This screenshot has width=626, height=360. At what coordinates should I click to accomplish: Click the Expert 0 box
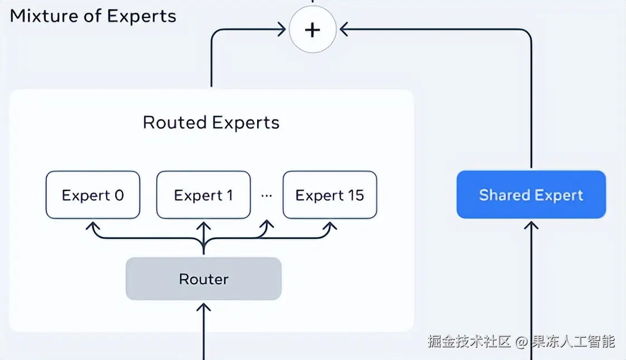click(x=93, y=195)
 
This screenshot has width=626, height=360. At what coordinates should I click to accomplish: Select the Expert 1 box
click(x=203, y=195)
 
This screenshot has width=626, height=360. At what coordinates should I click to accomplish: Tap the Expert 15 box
click(x=330, y=195)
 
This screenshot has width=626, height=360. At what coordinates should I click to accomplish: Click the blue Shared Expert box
click(x=531, y=195)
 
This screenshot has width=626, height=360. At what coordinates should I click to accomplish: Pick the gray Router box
click(x=203, y=278)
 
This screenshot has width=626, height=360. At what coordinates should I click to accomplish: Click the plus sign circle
click(x=312, y=30)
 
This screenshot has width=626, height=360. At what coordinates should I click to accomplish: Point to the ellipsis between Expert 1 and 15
click(x=267, y=196)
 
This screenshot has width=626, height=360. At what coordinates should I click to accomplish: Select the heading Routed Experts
click(x=211, y=122)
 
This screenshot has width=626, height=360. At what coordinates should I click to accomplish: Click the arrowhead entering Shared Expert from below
click(x=531, y=224)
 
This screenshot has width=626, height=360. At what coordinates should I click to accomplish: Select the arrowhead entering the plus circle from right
click(x=343, y=30)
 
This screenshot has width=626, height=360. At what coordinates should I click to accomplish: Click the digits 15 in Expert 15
click(x=355, y=195)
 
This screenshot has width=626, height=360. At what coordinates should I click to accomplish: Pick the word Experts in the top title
click(x=141, y=16)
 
